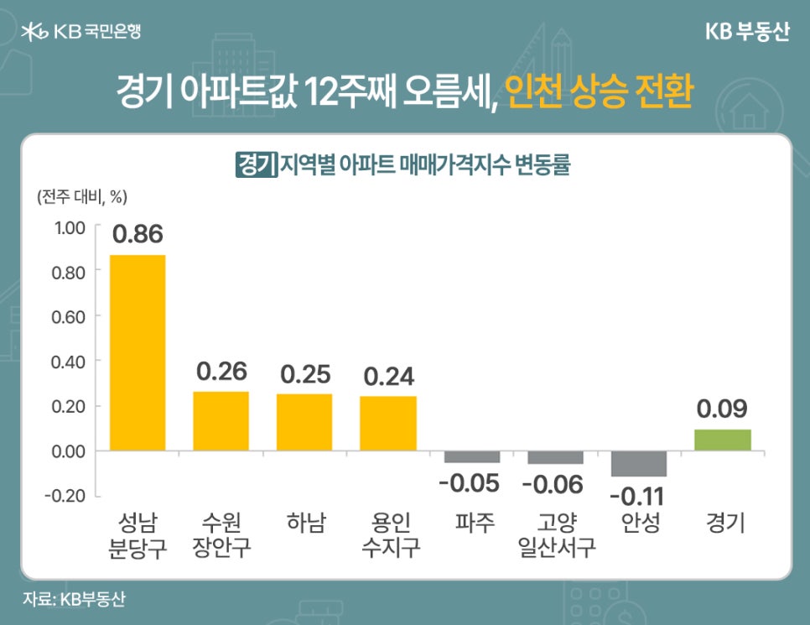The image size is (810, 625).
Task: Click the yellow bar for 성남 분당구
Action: [x=138, y=352]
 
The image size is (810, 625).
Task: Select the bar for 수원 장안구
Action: [x=221, y=421]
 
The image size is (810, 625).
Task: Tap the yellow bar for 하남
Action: [x=304, y=422]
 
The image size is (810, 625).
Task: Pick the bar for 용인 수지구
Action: [x=388, y=423]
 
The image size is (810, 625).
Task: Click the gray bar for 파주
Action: [x=471, y=457]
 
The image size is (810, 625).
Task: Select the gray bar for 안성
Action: [x=639, y=464]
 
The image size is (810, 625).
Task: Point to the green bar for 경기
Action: [x=723, y=440]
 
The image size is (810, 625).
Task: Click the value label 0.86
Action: [x=138, y=235]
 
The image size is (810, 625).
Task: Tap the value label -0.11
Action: [x=639, y=496]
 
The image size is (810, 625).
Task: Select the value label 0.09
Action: [x=723, y=409]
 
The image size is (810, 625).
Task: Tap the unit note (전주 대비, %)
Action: [x=81, y=197]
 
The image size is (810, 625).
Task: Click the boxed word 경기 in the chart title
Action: [x=257, y=164]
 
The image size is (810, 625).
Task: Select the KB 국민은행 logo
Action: [x=81, y=33]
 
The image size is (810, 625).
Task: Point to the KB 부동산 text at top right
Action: [x=747, y=33]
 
